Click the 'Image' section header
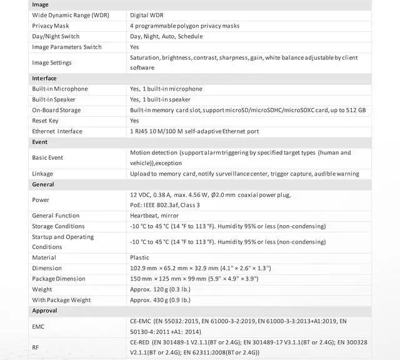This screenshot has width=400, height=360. tap(41, 5)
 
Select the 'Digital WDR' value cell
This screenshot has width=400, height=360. tap(147, 15)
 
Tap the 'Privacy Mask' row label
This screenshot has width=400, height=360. tap(51, 26)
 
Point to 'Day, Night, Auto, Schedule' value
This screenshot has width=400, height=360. tap(167, 36)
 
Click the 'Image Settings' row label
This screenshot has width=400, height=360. tap(52, 62)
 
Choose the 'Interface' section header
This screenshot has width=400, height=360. tap(44, 78)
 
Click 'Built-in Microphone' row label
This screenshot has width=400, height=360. tap(60, 89)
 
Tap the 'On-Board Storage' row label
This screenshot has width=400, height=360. tap(56, 110)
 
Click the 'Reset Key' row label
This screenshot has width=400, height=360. tap(46, 121)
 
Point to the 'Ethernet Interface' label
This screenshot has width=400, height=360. tap(57, 131)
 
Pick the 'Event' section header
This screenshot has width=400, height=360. tap(40, 142)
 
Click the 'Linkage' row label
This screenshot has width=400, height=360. tap(42, 174)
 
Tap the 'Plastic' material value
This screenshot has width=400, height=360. tap(139, 257)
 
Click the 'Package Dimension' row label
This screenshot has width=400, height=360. tap(59, 279)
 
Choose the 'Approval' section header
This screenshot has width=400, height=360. tap(44, 311)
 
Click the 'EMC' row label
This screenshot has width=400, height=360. tap(39, 326)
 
